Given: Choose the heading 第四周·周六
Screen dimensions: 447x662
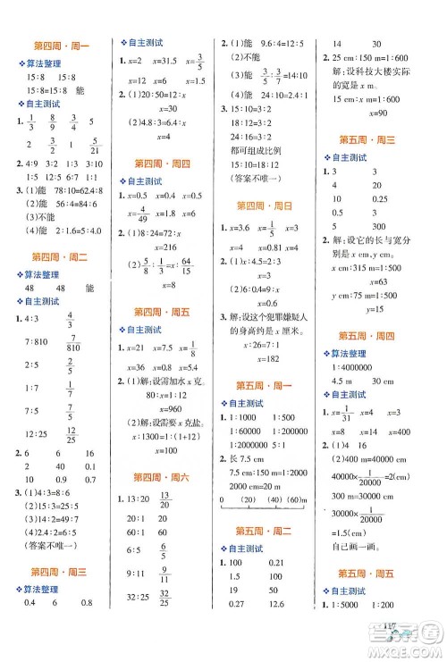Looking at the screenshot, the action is [x=161, y=477].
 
